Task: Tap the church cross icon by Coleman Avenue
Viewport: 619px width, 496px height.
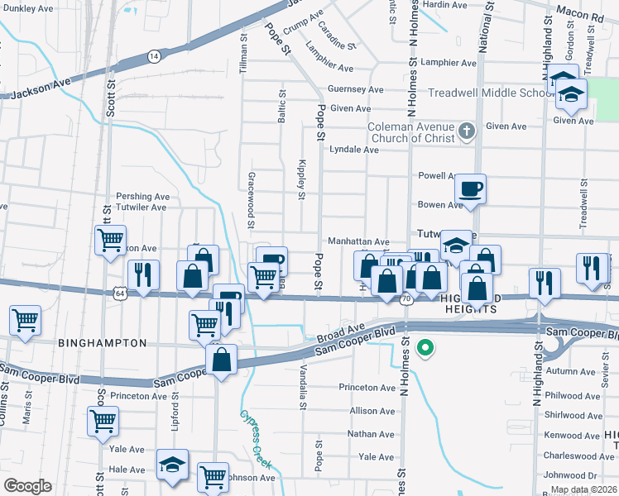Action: (x=467, y=131)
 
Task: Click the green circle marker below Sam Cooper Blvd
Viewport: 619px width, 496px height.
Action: (x=426, y=348)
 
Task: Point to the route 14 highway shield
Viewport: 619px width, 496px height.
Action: (x=154, y=55)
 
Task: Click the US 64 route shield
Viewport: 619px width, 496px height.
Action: (x=121, y=293)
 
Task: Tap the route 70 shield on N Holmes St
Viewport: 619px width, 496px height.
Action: (x=405, y=298)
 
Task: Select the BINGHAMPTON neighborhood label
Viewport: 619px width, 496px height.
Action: (x=102, y=342)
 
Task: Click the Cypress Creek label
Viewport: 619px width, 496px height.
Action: (x=256, y=439)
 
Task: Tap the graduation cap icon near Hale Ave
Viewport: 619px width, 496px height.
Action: (x=172, y=465)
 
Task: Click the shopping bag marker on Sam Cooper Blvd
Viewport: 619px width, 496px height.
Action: (x=222, y=360)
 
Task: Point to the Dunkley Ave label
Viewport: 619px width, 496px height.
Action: (x=28, y=8)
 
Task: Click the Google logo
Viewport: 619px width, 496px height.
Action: (x=27, y=486)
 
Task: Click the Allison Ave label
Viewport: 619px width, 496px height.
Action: (x=372, y=411)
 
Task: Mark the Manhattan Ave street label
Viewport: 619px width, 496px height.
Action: (x=358, y=241)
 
